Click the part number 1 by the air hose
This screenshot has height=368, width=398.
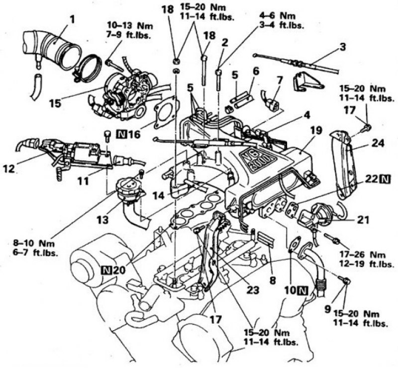(x=72, y=19)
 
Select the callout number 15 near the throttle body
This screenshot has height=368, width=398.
(x=56, y=103)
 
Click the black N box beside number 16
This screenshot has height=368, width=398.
(x=122, y=134)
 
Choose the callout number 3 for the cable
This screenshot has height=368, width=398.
(x=343, y=47)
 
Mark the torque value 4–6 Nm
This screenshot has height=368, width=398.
(x=278, y=16)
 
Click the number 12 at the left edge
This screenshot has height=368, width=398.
(x=9, y=168)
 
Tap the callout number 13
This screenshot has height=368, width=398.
(x=103, y=219)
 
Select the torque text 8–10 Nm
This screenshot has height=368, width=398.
(x=34, y=243)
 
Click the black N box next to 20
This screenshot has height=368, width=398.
(x=106, y=270)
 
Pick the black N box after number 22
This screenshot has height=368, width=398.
(x=385, y=179)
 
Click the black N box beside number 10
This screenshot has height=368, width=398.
(x=303, y=290)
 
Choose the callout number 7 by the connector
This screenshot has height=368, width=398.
(x=279, y=81)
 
